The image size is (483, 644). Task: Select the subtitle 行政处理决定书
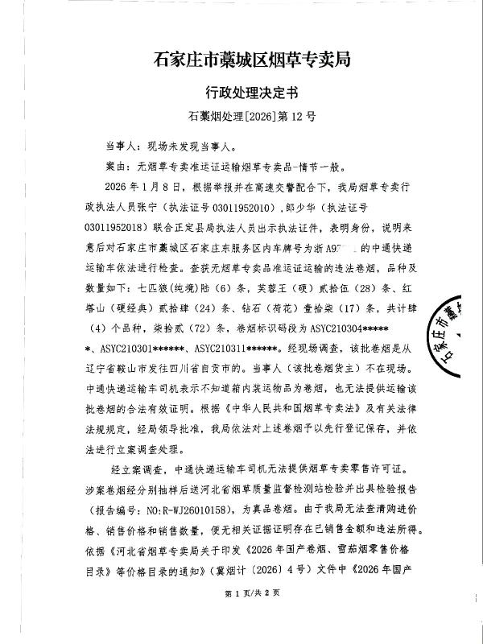click(x=241, y=92)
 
